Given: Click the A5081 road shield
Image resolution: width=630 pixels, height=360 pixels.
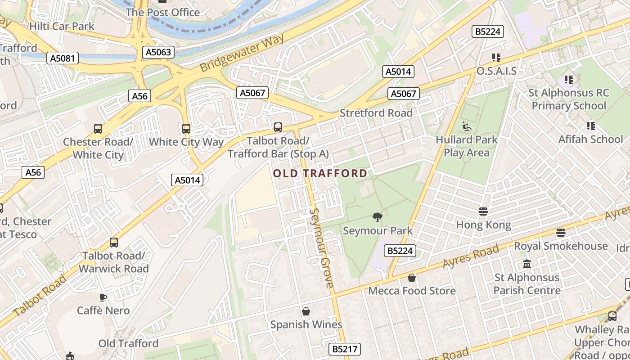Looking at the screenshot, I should (x=63, y=58).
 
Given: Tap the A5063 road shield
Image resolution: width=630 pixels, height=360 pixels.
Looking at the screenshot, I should (x=158, y=52).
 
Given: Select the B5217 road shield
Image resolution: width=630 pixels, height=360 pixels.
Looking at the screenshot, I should (x=345, y=349).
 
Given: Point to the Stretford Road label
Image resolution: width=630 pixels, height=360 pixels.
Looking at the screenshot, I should (x=376, y=113).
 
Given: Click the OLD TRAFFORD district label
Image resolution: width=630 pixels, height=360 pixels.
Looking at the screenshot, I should (x=320, y=173).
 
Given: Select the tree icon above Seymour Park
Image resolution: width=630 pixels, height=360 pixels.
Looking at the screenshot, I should (x=377, y=218).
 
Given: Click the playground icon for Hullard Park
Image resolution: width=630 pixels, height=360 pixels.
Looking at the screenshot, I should (x=467, y=127).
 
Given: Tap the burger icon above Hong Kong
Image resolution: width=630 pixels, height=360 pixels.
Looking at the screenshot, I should (x=483, y=211).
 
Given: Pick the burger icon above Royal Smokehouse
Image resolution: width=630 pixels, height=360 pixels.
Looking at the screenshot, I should (x=560, y=233).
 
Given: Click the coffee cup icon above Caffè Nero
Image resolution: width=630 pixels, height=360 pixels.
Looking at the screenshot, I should (x=103, y=297).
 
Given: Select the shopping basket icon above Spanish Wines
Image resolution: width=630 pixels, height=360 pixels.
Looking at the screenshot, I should (x=306, y=311).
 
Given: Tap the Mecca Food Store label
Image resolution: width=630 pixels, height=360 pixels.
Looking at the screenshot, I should (x=412, y=291).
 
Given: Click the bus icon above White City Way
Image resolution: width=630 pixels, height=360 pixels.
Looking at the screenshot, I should (x=186, y=129).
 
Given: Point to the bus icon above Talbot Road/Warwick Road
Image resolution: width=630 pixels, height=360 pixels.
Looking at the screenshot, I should (x=114, y=243).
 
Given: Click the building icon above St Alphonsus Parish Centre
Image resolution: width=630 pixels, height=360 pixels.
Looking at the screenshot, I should (x=527, y=264).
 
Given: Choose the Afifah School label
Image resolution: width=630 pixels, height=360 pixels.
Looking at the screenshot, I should (x=590, y=139).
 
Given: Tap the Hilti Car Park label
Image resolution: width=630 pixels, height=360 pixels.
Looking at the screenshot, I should (x=62, y=26).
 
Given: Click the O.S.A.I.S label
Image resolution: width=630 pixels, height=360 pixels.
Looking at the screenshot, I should (x=496, y=71).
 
